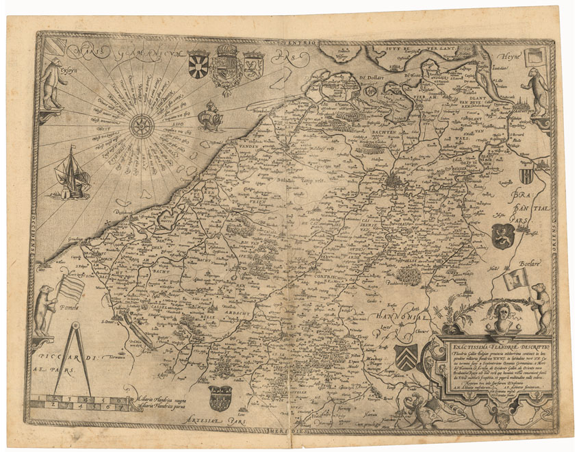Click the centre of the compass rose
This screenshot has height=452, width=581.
click(x=142, y=125)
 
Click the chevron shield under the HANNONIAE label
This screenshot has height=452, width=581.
click(x=406, y=357)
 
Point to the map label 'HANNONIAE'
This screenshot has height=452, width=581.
click(x=403, y=316)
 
